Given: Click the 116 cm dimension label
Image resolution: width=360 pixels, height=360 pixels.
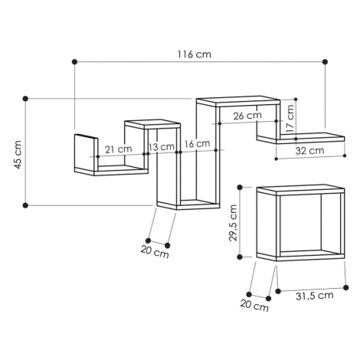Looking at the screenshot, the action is (195, 54).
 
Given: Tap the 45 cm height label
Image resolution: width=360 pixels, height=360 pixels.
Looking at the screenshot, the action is (18, 155).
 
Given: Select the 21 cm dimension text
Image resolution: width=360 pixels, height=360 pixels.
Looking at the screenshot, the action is (119, 149).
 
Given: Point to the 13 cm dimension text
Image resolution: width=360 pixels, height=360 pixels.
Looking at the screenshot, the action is (162, 147).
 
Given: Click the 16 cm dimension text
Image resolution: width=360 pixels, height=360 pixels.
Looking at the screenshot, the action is (197, 144).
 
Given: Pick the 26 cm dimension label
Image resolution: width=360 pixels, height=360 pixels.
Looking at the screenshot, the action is (247, 116).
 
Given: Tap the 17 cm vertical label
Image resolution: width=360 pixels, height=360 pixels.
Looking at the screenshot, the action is (290, 119).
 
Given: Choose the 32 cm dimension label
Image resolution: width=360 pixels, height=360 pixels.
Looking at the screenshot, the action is (309, 151).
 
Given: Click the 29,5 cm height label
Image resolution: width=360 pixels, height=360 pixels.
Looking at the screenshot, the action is (233, 223).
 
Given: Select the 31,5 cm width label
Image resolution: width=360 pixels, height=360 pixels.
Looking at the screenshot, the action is (315, 296).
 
